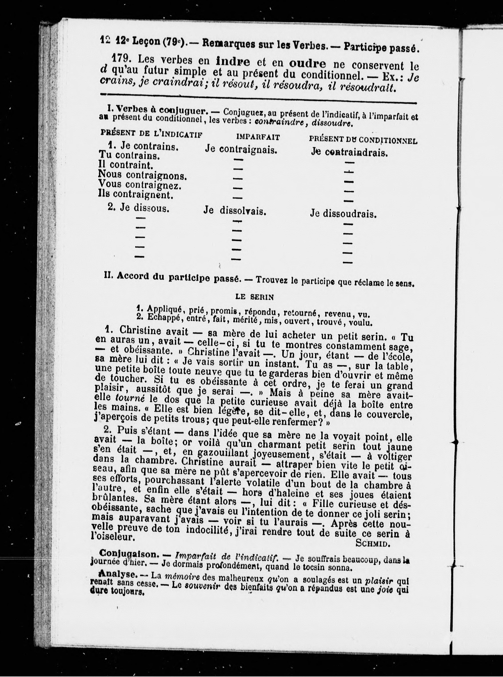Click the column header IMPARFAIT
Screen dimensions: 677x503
tap(258, 137)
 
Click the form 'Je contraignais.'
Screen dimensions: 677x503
tap(241, 149)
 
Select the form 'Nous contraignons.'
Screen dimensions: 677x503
tap(142, 175)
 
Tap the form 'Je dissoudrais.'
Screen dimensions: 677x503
tap(343, 214)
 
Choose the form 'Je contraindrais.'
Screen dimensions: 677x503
tap(349, 152)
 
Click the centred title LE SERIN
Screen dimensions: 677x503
tap(255, 297)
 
